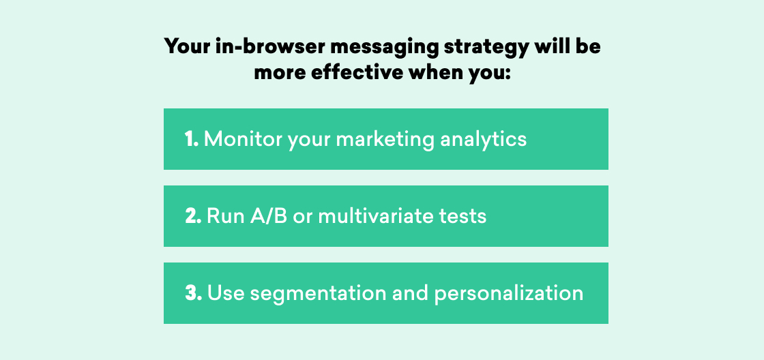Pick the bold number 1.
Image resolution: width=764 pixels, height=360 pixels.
click(x=192, y=140)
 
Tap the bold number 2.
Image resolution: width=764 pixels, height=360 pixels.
click(x=193, y=216)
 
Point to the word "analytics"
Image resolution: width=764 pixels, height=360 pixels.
click(x=484, y=140)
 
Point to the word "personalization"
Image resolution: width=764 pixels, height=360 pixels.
click(x=509, y=295)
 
